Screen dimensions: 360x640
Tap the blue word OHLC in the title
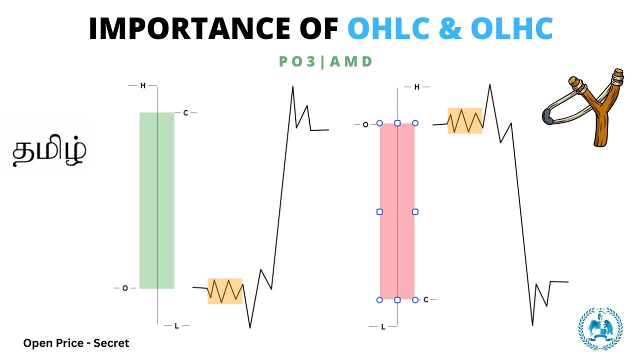(x=388, y=29)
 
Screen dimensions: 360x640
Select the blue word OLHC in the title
(x=512, y=29)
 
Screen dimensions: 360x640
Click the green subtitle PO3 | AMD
(x=325, y=62)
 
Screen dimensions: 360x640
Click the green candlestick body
(x=156, y=200)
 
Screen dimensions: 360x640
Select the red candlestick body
(x=397, y=211)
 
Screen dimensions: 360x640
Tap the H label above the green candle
(x=143, y=86)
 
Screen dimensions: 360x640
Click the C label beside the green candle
(x=185, y=113)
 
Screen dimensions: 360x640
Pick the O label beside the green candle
(x=125, y=288)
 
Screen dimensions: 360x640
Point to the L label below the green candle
(x=176, y=326)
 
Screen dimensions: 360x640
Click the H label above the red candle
(x=417, y=87)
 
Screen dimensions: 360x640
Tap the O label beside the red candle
(x=365, y=124)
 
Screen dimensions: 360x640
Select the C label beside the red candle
(x=425, y=299)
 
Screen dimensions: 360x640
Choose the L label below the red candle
(x=383, y=327)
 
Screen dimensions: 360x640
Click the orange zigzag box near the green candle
(x=225, y=291)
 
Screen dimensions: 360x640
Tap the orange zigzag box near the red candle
(x=464, y=121)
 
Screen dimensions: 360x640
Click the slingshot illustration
(x=585, y=110)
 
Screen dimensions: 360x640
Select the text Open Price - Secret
(x=76, y=343)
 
